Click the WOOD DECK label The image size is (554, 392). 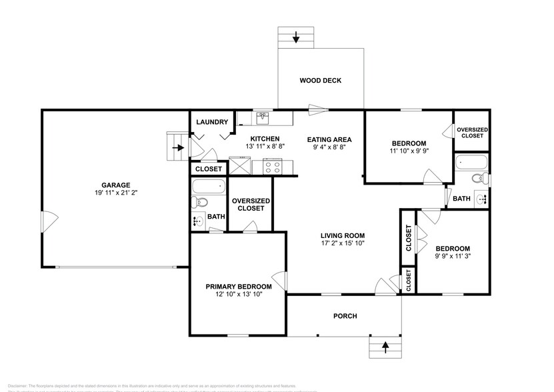[x=320, y=81]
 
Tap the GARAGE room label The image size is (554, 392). [x=115, y=185]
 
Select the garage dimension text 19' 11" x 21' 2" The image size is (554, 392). [x=115, y=193]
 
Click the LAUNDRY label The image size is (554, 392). [x=213, y=122]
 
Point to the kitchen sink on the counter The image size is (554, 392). [x=263, y=118]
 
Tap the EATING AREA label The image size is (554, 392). [x=329, y=139]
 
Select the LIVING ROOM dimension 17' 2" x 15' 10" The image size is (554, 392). [x=342, y=243]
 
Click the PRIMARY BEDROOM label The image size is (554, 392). [x=238, y=286]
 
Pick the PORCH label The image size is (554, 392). [x=345, y=316]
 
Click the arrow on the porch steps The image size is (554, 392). [x=385, y=346]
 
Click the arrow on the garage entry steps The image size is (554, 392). [x=177, y=147]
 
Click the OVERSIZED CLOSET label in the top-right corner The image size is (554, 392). [x=472, y=132]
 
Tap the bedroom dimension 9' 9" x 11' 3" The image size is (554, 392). [x=453, y=256]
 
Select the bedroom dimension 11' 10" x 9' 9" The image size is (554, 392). [x=409, y=151]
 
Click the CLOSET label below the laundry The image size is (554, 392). [x=208, y=169]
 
